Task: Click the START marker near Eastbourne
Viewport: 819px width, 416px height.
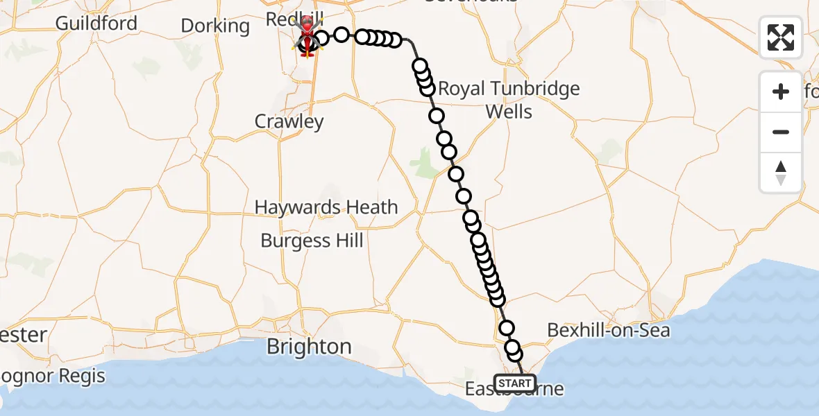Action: point(514,383)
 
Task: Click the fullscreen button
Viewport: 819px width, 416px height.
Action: point(781,37)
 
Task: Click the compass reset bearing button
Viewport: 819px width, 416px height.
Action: point(781,173)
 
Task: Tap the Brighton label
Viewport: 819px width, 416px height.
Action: point(309,347)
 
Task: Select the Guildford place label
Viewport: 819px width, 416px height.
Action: point(96,23)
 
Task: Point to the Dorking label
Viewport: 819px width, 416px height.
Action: point(215,26)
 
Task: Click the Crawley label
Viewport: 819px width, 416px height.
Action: point(289,121)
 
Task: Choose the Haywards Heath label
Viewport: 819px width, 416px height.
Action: point(326,207)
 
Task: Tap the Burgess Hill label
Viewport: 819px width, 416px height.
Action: point(312,241)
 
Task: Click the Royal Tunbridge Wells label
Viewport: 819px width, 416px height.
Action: point(509,100)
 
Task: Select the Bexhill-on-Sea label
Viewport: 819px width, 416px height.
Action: point(609,330)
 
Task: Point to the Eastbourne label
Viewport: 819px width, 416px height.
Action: point(514,390)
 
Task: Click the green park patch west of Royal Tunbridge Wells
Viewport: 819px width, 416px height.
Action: point(421,163)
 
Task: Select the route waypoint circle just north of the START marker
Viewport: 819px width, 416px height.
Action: point(515,354)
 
